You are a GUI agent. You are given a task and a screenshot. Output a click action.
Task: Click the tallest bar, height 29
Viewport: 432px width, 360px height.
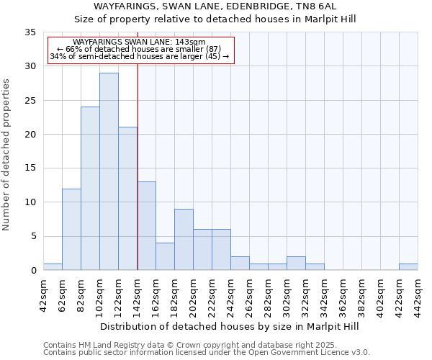(x=109, y=171)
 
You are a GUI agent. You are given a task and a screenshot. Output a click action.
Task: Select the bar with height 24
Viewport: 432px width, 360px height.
(x=90, y=189)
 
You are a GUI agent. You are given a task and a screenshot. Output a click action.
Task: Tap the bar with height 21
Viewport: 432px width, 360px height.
(x=127, y=199)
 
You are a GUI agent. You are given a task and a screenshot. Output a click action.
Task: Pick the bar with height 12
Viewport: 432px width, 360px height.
(x=71, y=229)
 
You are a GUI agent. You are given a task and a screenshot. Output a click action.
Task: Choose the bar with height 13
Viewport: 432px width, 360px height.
(x=146, y=226)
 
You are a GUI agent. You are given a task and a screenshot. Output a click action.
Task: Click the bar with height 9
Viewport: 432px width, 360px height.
(x=184, y=239)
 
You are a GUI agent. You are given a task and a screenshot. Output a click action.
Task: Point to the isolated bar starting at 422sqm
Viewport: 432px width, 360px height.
(x=408, y=267)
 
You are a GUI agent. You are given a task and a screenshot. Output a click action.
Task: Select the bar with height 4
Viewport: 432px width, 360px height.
(x=165, y=256)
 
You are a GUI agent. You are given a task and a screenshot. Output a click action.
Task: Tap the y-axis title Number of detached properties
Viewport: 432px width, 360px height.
(x=6, y=155)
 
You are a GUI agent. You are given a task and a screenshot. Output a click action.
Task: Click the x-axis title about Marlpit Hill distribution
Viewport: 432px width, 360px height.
(x=230, y=326)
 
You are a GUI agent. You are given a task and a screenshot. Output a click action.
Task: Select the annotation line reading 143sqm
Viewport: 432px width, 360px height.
(x=140, y=42)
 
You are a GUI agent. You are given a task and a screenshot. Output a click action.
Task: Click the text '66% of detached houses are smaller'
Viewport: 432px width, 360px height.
(x=140, y=49)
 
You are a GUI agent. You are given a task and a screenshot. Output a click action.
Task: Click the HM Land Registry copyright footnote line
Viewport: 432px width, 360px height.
(x=190, y=345)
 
